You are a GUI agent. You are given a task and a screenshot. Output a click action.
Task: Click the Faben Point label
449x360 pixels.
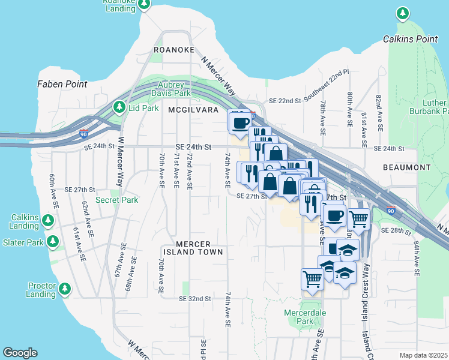62,84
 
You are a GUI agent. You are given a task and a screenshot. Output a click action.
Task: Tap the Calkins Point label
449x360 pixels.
410,39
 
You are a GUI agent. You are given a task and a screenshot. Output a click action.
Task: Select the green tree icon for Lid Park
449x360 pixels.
119,107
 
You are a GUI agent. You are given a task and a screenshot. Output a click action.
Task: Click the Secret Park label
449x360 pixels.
116,200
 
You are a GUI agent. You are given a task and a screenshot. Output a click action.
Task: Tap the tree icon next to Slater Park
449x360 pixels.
53,242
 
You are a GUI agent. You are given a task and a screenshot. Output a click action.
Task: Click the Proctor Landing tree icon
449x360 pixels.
64,290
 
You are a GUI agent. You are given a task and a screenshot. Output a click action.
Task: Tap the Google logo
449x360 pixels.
20,353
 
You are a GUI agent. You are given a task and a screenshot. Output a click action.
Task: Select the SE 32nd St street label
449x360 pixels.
195,298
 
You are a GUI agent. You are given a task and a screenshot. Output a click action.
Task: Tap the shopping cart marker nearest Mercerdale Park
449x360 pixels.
312,278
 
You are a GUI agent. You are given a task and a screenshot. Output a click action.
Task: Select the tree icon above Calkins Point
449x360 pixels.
402,13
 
